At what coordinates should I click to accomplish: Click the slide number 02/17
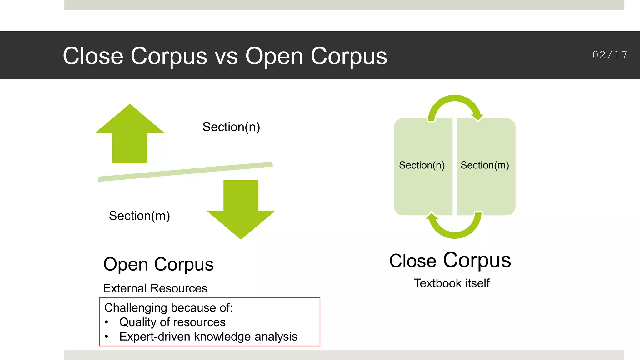pyautogui.click(x=610, y=55)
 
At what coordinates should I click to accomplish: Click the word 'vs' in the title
pyautogui.click(x=226, y=56)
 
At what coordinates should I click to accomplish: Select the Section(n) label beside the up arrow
pyautogui.click(x=231, y=127)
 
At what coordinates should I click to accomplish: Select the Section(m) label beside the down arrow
pyautogui.click(x=139, y=216)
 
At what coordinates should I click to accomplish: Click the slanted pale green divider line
pyautogui.click(x=185, y=172)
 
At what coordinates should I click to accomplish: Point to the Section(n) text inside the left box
pyautogui.click(x=422, y=165)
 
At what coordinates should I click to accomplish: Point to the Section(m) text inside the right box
pyautogui.click(x=485, y=165)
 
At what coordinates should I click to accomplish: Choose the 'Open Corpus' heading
pyautogui.click(x=158, y=264)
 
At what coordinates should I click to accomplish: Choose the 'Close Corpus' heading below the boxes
pyautogui.click(x=450, y=260)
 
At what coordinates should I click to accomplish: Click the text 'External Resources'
pyautogui.click(x=155, y=288)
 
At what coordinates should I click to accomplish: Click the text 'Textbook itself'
pyautogui.click(x=452, y=283)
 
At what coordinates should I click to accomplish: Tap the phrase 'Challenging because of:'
pyautogui.click(x=168, y=308)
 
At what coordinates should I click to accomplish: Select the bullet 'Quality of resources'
pyautogui.click(x=172, y=322)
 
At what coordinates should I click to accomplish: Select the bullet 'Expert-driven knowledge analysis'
pyautogui.click(x=208, y=337)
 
